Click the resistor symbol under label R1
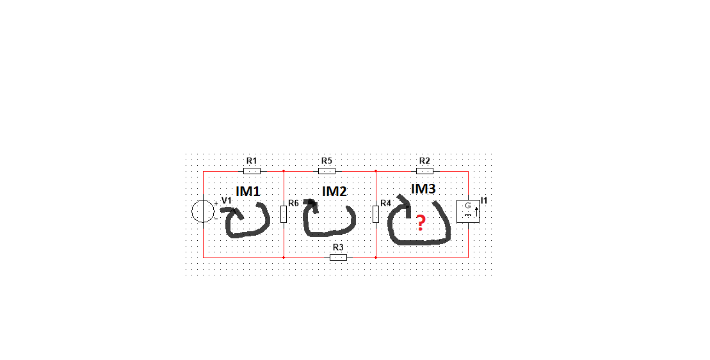point(252,171)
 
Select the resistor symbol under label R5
point(327,171)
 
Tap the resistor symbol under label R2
point(424,171)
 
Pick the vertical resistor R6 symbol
point(284,214)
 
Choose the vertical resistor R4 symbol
point(375,214)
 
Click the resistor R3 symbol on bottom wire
point(338,258)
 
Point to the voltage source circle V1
point(203,211)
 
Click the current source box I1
point(468,211)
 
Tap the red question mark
point(421,224)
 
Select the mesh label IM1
point(248,191)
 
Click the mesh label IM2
point(334,191)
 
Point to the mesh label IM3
point(423,188)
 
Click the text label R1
point(252,161)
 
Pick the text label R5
point(327,161)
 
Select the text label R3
point(338,247)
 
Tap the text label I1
point(483,200)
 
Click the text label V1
point(227,200)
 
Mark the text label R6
point(293,203)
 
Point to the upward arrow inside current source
point(476,211)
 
